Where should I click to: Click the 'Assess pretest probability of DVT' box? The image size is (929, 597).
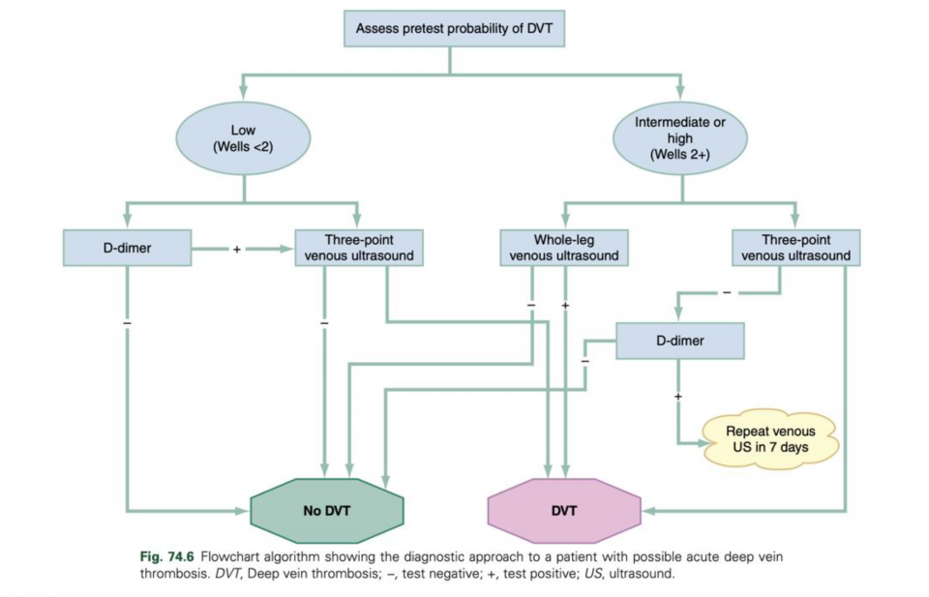[453, 28]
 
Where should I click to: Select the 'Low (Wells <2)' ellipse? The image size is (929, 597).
[243, 138]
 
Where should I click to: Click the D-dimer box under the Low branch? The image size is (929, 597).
[128, 248]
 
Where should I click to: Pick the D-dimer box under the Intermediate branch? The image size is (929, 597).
[680, 340]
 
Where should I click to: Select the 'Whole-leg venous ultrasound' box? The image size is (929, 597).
[564, 248]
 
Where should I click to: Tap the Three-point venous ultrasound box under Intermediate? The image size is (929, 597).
[795, 248]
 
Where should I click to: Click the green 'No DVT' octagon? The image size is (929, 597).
[326, 510]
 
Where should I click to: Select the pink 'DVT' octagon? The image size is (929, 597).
[564, 510]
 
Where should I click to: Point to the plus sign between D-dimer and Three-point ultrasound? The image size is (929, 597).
[236, 249]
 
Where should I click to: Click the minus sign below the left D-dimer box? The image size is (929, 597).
[127, 322]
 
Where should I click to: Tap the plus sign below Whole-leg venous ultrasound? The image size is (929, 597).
[565, 306]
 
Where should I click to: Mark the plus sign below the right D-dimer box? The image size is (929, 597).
[678, 397]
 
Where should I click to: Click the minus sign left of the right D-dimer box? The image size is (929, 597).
[584, 361]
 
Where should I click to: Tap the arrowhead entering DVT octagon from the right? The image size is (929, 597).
[647, 510]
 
